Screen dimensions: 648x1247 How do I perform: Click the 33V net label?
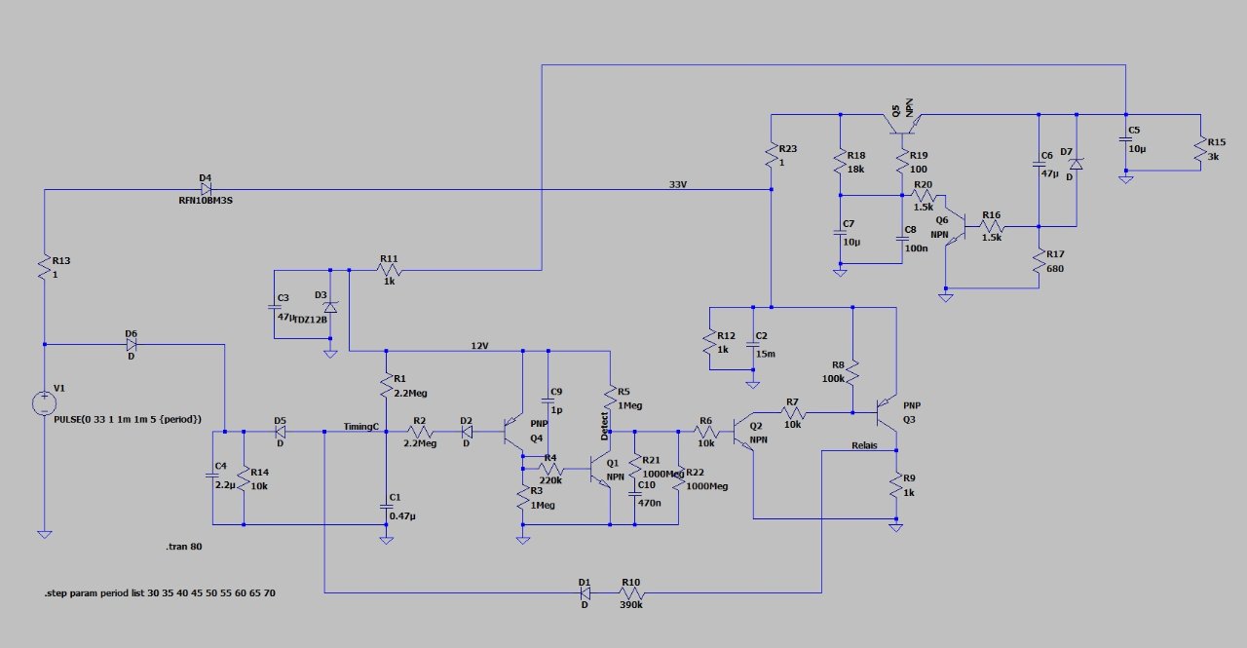678,184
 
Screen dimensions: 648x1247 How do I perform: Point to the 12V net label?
478,345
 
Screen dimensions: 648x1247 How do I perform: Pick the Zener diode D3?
330,307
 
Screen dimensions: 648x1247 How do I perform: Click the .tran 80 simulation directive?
184,548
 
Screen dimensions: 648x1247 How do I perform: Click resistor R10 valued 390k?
632,592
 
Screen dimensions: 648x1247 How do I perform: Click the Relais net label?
863,445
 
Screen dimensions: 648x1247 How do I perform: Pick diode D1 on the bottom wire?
585,592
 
